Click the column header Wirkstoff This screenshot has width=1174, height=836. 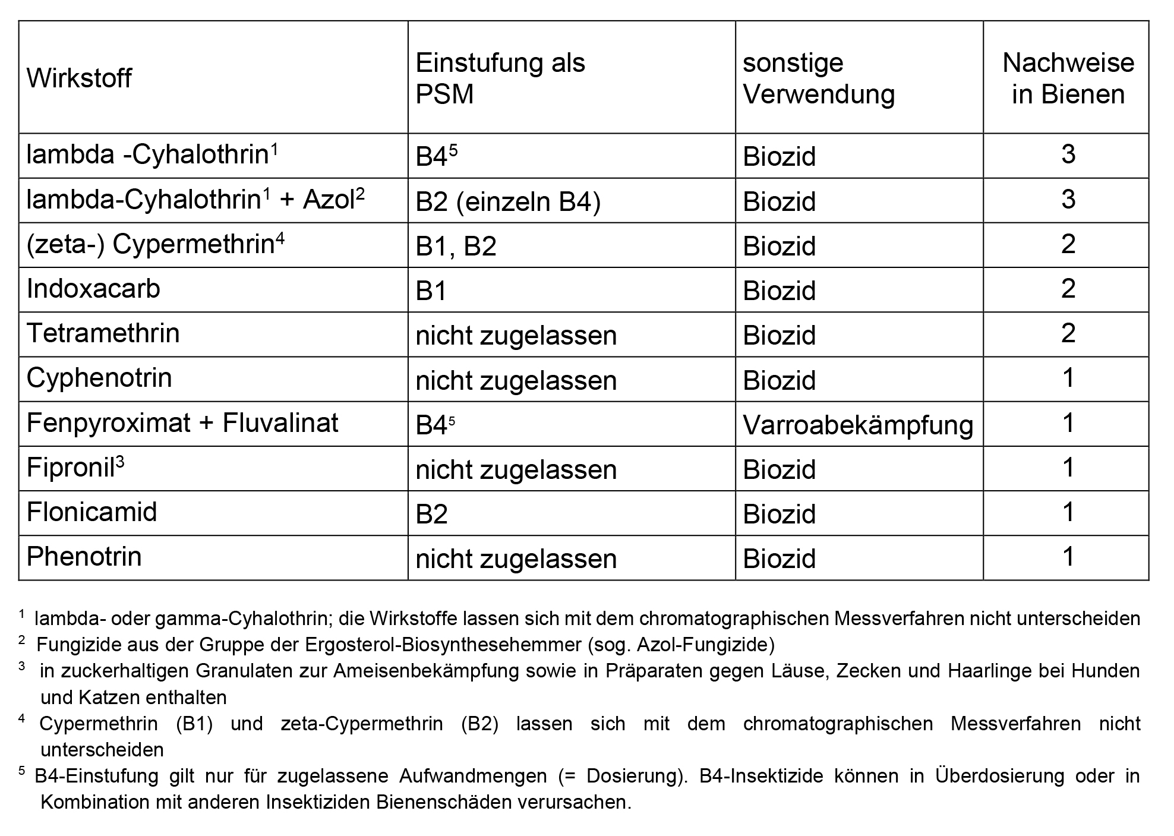(x=79, y=78)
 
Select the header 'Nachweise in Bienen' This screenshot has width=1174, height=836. (x=1068, y=78)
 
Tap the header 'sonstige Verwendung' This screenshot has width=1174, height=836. (x=818, y=78)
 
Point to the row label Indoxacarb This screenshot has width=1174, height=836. (x=93, y=289)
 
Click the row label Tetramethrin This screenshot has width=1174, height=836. (x=103, y=333)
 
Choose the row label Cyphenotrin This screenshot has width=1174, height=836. (x=99, y=378)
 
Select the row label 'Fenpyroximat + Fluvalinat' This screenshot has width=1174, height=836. (x=182, y=423)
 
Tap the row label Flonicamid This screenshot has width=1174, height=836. (x=92, y=512)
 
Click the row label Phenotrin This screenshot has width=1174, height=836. (x=84, y=557)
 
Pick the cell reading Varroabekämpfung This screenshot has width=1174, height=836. (x=858, y=425)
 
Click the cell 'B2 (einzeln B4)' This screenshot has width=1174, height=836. (x=508, y=202)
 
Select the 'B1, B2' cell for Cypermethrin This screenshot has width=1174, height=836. (x=456, y=246)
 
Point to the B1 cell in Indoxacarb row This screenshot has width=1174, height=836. (x=431, y=291)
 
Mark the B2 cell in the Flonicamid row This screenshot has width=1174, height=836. (x=431, y=514)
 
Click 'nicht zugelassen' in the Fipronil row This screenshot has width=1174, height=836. (x=516, y=469)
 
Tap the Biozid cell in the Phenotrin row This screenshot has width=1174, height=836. (x=779, y=559)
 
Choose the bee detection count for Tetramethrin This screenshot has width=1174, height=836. (x=1068, y=333)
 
